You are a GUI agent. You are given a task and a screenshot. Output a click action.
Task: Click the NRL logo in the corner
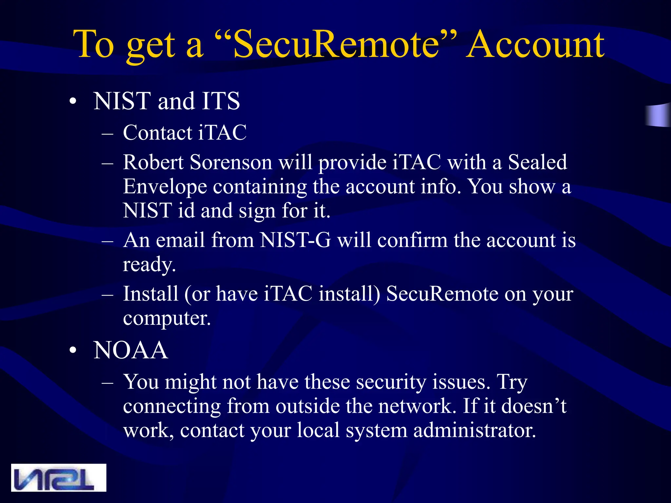tap(59, 477)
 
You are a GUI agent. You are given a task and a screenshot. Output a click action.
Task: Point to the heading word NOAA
tap(130, 350)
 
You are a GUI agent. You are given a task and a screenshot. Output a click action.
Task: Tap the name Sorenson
tap(231, 162)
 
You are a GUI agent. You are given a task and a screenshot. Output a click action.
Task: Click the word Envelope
tap(165, 187)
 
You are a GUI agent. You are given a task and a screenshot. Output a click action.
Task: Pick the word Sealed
tap(537, 162)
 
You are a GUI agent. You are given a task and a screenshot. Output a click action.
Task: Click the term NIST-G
tap(295, 240)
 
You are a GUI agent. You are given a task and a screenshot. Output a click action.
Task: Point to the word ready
tap(149, 265)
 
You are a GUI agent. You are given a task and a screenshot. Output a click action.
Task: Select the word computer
tap(166, 318)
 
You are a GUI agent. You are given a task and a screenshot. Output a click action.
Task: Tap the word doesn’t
tap(534, 406)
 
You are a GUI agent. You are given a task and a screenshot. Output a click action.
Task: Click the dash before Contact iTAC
tap(107, 134)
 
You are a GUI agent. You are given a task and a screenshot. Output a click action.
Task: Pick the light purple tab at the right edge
tap(659, 115)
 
